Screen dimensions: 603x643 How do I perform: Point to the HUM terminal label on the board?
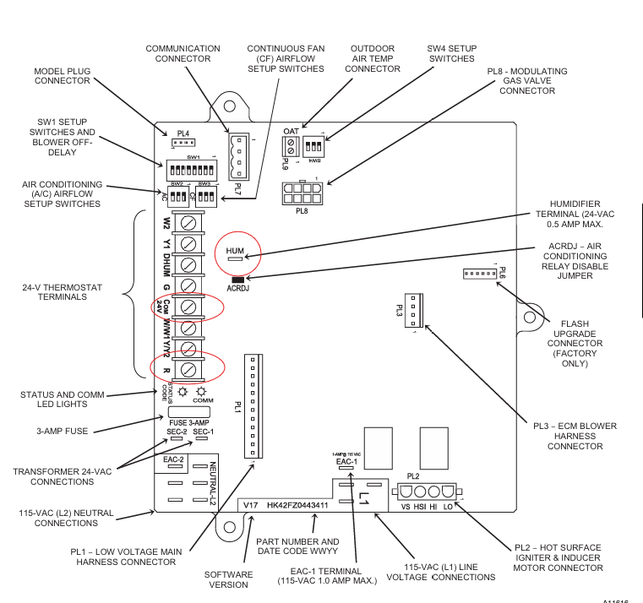click(234, 251)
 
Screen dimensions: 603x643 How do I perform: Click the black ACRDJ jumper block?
click(236, 278)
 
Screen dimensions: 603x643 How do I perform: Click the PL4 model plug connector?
click(183, 142)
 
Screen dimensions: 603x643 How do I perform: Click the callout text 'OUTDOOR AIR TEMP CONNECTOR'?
click(373, 58)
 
